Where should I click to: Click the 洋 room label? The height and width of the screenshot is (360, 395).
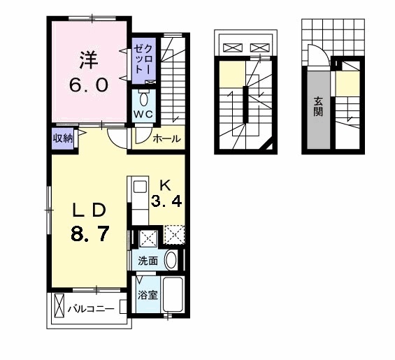pyautogui.click(x=89, y=60)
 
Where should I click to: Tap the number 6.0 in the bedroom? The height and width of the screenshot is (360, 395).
pyautogui.click(x=89, y=85)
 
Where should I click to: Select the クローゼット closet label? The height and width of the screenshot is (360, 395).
pyautogui.click(x=143, y=59)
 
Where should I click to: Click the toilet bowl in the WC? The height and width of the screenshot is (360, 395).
pyautogui.click(x=144, y=99)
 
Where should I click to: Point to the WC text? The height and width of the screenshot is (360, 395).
pyautogui.click(x=143, y=115)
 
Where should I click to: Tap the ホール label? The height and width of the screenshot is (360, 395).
pyautogui.click(x=167, y=138)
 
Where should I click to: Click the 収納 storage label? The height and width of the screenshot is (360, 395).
pyautogui.click(x=63, y=138)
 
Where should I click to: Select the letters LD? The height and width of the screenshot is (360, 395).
pyautogui.click(x=89, y=210)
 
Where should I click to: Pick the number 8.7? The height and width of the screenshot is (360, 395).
pyautogui.click(x=90, y=233)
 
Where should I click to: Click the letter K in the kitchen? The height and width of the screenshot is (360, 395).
pyautogui.click(x=166, y=186)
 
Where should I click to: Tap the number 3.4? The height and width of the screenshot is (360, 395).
pyautogui.click(x=166, y=201)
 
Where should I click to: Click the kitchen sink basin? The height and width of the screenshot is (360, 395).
pyautogui.click(x=140, y=187)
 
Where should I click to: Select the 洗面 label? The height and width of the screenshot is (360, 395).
pyautogui.click(x=148, y=261)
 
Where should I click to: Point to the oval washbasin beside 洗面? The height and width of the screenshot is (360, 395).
pyautogui.click(x=171, y=260)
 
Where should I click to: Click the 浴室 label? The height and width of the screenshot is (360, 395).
pyautogui.click(x=148, y=295)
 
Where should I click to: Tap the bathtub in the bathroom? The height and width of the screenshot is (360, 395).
pyautogui.click(x=173, y=294)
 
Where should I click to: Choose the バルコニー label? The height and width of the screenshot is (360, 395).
pyautogui.click(x=91, y=308)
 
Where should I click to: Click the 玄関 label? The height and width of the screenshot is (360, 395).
pyautogui.click(x=318, y=106)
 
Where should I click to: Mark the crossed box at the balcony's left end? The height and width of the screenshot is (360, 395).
pyautogui.click(x=59, y=305)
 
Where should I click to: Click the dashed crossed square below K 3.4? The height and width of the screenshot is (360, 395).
pyautogui.click(x=174, y=234)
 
